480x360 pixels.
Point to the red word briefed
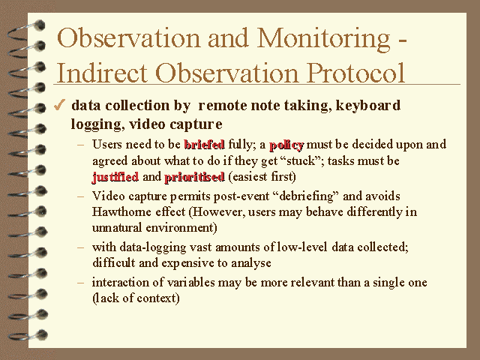coord(204,144)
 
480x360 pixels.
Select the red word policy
coord(286,144)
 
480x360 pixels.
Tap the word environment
coord(181,226)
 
